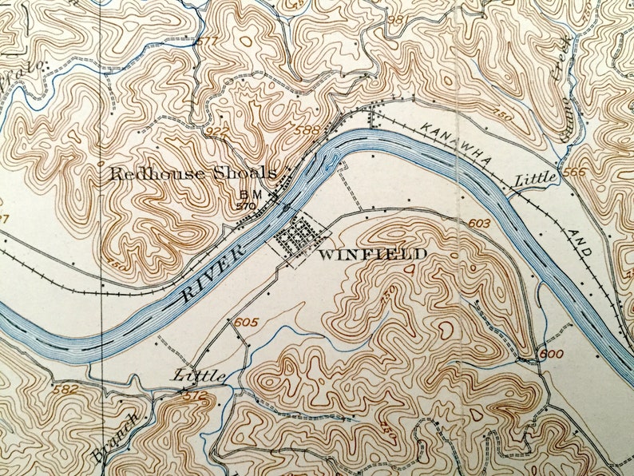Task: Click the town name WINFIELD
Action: point(372,255)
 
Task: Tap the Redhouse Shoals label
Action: point(192,173)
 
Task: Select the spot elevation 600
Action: point(551,353)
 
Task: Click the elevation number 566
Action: point(573,172)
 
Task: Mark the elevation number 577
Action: point(206,41)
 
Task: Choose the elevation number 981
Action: point(396,19)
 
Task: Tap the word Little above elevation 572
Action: point(195,375)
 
